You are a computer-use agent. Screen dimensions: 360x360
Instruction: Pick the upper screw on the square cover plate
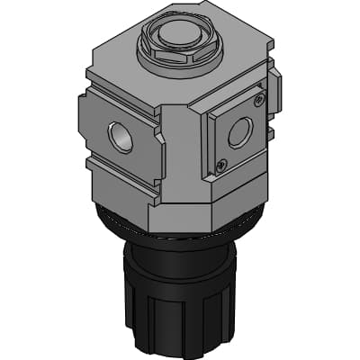tap(259, 100)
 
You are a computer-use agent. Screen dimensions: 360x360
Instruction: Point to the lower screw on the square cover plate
tap(221, 164)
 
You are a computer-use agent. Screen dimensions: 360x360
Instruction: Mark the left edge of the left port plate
tap(80, 126)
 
